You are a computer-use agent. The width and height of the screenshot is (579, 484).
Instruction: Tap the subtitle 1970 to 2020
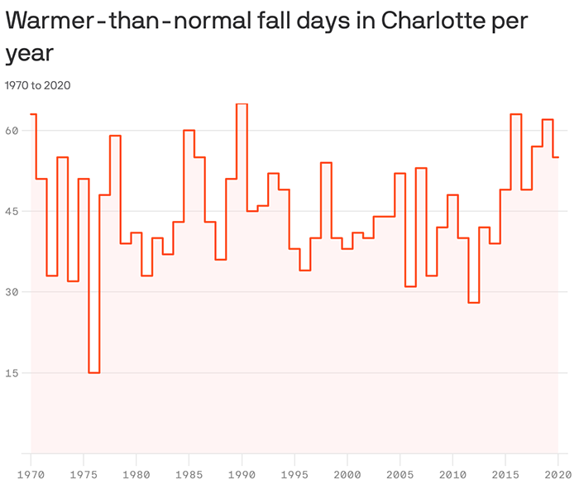tap(37, 85)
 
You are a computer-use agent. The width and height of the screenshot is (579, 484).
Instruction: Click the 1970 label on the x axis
tap(31, 474)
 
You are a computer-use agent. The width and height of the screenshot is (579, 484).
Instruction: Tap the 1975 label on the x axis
tap(84, 474)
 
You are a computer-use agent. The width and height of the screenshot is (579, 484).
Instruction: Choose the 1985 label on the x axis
tap(189, 474)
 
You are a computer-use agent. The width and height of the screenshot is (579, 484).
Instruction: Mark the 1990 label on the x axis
tap(242, 474)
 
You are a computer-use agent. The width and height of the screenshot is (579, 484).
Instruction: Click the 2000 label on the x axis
tap(347, 474)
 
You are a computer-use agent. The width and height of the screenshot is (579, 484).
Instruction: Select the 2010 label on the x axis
tap(452, 474)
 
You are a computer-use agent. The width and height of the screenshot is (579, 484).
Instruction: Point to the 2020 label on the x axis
tap(557, 474)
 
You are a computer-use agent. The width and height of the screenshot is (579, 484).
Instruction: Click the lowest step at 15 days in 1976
tap(94, 372)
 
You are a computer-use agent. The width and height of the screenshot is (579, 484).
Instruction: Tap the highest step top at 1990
tap(242, 104)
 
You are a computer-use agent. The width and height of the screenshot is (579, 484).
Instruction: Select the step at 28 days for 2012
tap(474, 303)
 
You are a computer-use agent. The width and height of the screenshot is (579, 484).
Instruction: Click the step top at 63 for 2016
tap(516, 114)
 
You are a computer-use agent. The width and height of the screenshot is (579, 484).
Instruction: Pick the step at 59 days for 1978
tap(115, 136)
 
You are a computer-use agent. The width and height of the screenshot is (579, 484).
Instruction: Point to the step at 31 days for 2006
tap(410, 286)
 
